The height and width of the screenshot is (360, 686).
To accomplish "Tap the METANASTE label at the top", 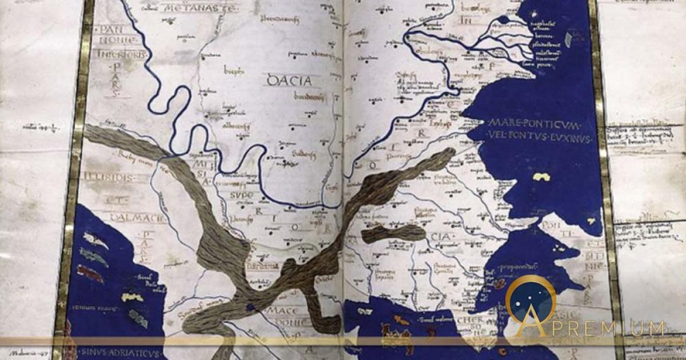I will (191, 8).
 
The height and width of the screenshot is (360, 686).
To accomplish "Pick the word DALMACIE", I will (126, 218).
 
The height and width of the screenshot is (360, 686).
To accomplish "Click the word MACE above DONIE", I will (281, 311).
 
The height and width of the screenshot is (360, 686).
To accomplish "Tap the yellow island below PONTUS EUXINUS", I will (541, 177).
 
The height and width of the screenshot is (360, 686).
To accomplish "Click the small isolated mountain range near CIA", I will (394, 232).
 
